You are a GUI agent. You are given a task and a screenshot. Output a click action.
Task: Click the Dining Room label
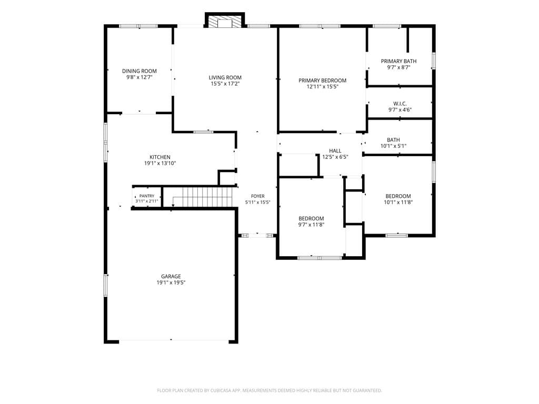(x=139, y=71)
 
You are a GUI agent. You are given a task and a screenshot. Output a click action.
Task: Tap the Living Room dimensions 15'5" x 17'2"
(x=225, y=84)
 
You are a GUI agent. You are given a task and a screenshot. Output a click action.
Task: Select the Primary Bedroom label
(x=323, y=80)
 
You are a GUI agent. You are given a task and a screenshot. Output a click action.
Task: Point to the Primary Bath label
(x=399, y=61)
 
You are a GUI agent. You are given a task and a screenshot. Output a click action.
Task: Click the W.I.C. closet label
(x=400, y=104)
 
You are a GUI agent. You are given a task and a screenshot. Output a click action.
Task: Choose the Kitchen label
(x=160, y=157)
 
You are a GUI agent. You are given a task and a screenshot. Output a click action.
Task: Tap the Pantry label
(x=147, y=196)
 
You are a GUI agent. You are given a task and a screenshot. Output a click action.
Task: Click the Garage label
(x=171, y=277)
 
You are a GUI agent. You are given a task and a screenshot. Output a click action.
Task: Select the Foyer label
(x=258, y=197)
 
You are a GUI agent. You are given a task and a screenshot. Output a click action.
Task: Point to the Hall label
(x=335, y=151)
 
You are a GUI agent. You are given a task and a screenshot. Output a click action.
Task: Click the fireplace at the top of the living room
(x=225, y=19)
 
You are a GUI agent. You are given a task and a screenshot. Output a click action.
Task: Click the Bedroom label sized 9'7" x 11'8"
(x=311, y=218)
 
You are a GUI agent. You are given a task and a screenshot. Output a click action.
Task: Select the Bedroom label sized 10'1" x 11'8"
(x=398, y=196)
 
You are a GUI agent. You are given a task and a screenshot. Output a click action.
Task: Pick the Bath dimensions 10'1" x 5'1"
(x=393, y=146)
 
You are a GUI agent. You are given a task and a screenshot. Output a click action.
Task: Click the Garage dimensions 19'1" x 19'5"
(x=171, y=282)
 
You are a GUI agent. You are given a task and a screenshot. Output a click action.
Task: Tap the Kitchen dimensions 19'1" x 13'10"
(x=160, y=164)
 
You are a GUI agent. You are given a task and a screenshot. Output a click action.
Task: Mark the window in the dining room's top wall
(x=138, y=26)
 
